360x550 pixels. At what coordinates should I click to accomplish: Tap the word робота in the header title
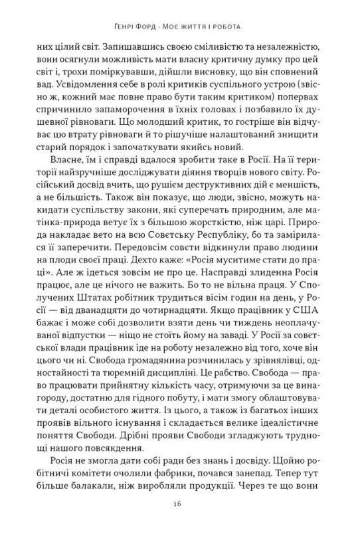coord(224,27)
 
